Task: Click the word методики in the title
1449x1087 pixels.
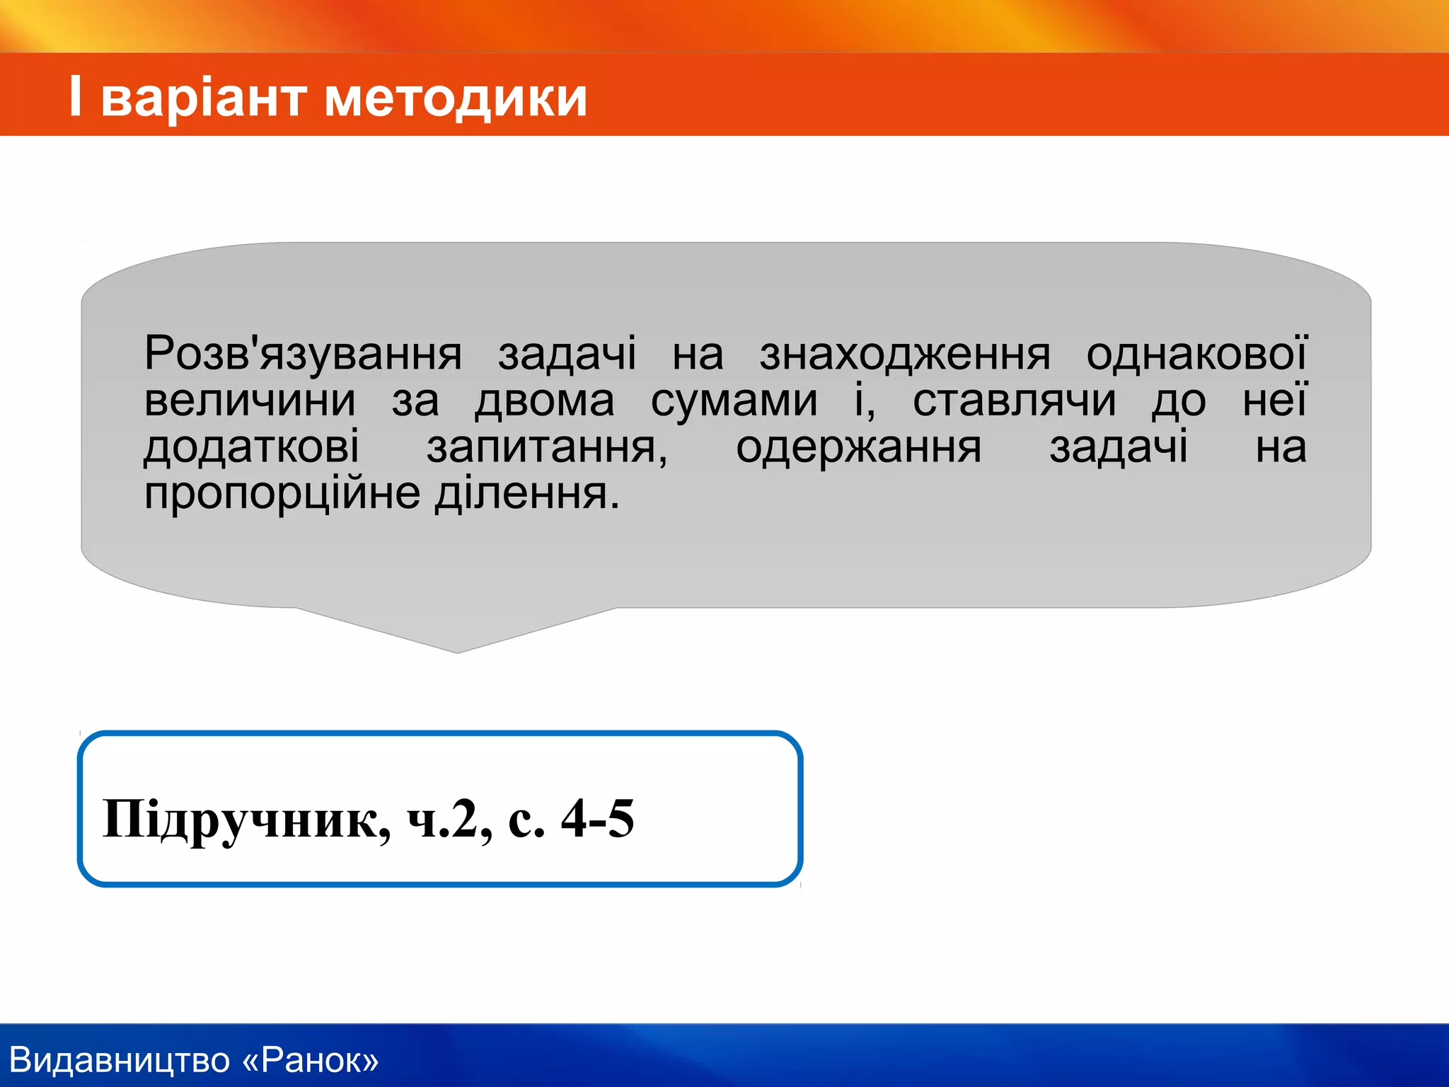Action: pos(456,98)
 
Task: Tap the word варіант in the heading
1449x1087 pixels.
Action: pos(204,98)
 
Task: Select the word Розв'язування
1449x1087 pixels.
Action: pos(303,354)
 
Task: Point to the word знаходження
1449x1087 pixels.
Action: pos(905,354)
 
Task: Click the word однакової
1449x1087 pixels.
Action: pos(1196,354)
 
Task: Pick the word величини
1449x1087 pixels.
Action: pos(250,401)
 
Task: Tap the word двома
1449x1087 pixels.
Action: pos(545,401)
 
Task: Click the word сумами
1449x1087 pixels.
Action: pos(734,401)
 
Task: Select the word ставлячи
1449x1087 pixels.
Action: pos(1014,401)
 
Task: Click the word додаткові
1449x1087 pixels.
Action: pos(252,447)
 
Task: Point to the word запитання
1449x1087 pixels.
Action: pos(546,447)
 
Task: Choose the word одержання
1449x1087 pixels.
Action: pos(858,447)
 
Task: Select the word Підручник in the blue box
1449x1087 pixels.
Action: pos(246,820)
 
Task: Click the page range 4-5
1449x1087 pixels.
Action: pos(597,819)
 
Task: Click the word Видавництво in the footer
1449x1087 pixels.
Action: pos(120,1060)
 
